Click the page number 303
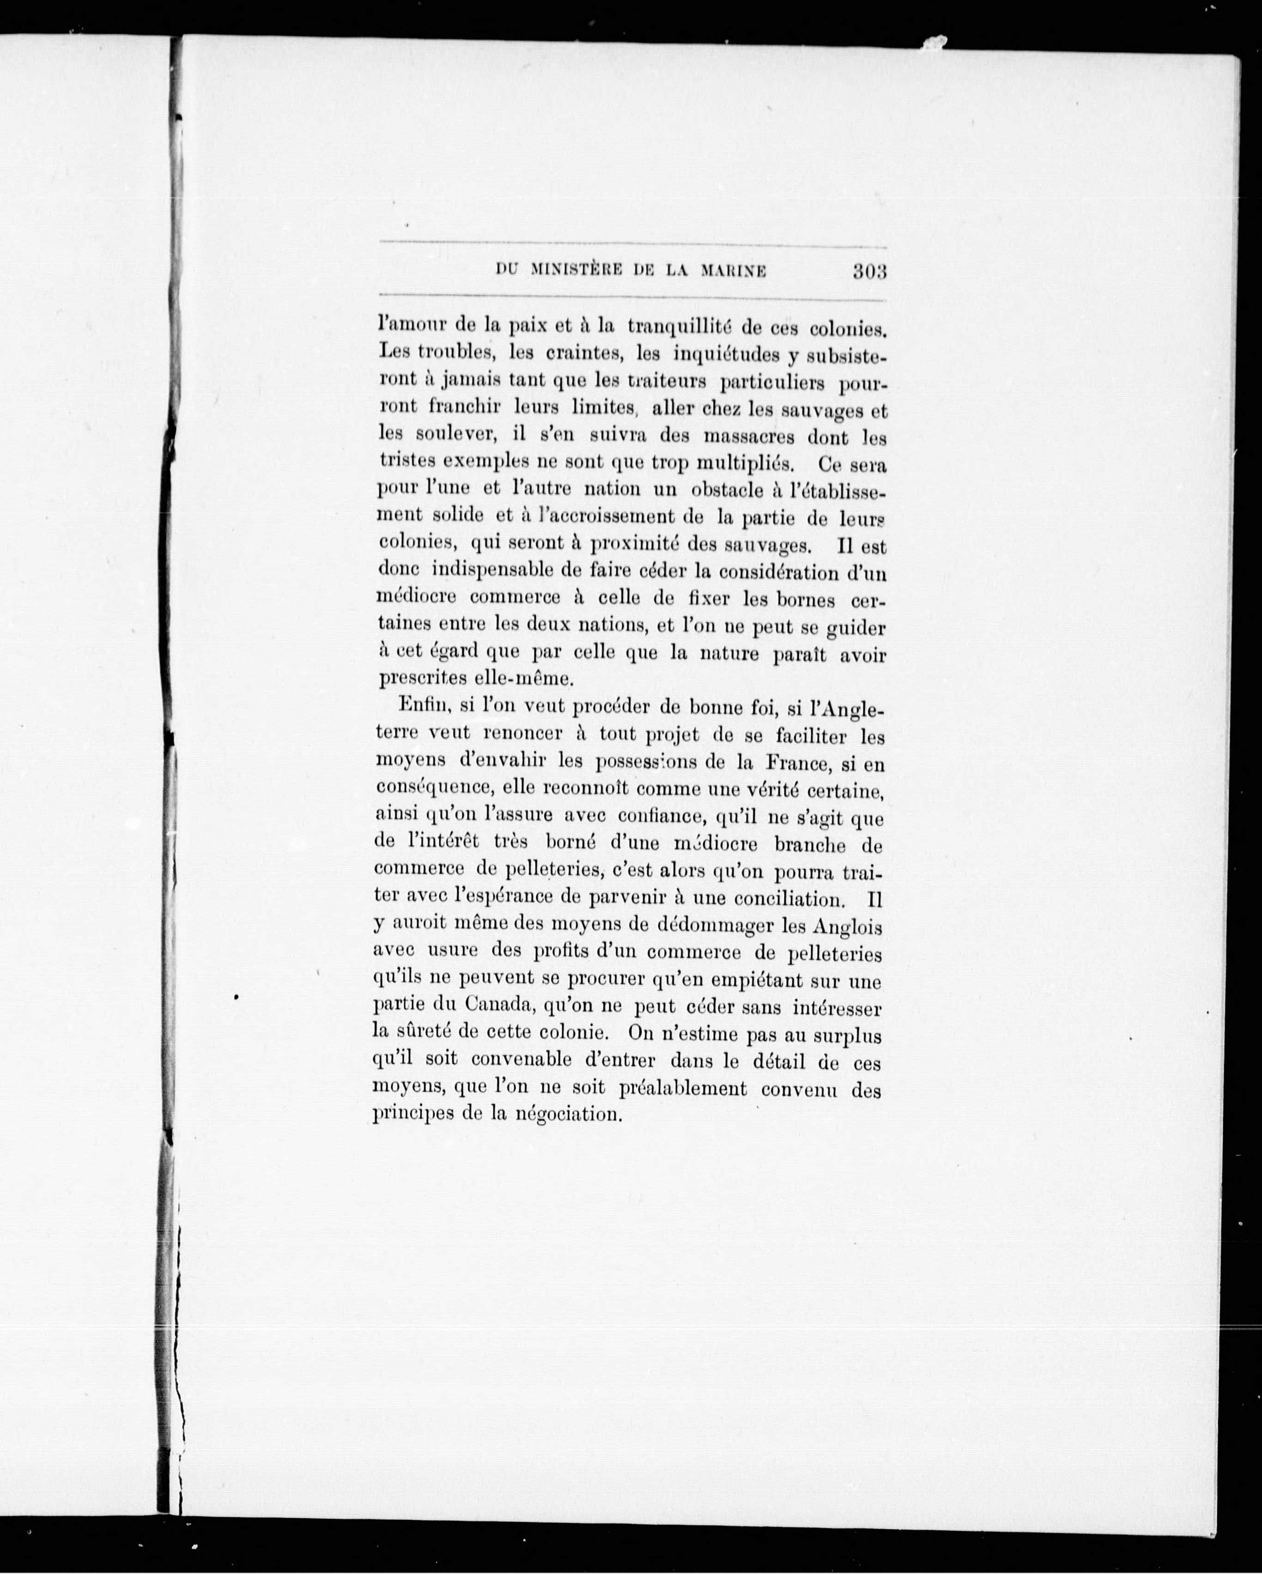click(x=868, y=272)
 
